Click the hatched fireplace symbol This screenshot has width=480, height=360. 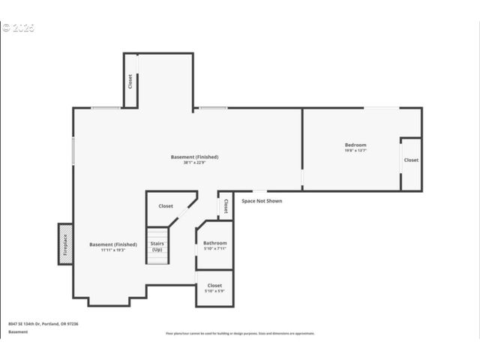point(65,244)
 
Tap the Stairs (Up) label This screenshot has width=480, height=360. point(157,246)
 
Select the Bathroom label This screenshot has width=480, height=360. point(214,243)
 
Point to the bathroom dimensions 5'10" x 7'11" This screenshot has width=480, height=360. point(214,250)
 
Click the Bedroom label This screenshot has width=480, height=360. point(355,144)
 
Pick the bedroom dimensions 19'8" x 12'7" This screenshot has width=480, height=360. point(355,151)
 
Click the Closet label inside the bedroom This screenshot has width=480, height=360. point(411,160)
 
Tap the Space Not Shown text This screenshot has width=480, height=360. point(262,201)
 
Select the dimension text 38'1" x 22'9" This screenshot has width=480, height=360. point(194,163)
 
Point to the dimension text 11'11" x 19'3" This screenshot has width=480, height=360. point(113,250)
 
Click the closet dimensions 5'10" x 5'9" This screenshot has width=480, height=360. point(214,292)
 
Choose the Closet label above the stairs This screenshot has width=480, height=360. point(166,205)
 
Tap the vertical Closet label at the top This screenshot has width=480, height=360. point(130,80)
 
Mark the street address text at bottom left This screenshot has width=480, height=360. point(43,323)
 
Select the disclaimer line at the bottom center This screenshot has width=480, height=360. point(240,333)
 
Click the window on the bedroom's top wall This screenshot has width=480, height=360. point(382,108)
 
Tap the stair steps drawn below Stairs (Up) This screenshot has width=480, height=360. point(156,258)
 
